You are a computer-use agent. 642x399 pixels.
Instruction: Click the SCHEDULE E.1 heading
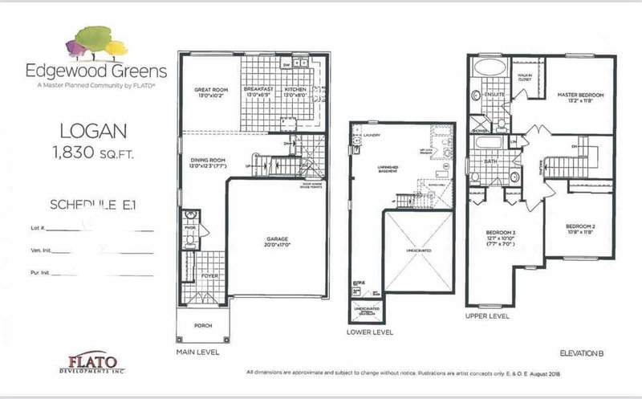coord(95,205)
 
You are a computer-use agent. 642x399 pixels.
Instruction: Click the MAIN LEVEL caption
coord(196,351)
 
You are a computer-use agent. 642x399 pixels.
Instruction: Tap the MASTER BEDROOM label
coord(580,96)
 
